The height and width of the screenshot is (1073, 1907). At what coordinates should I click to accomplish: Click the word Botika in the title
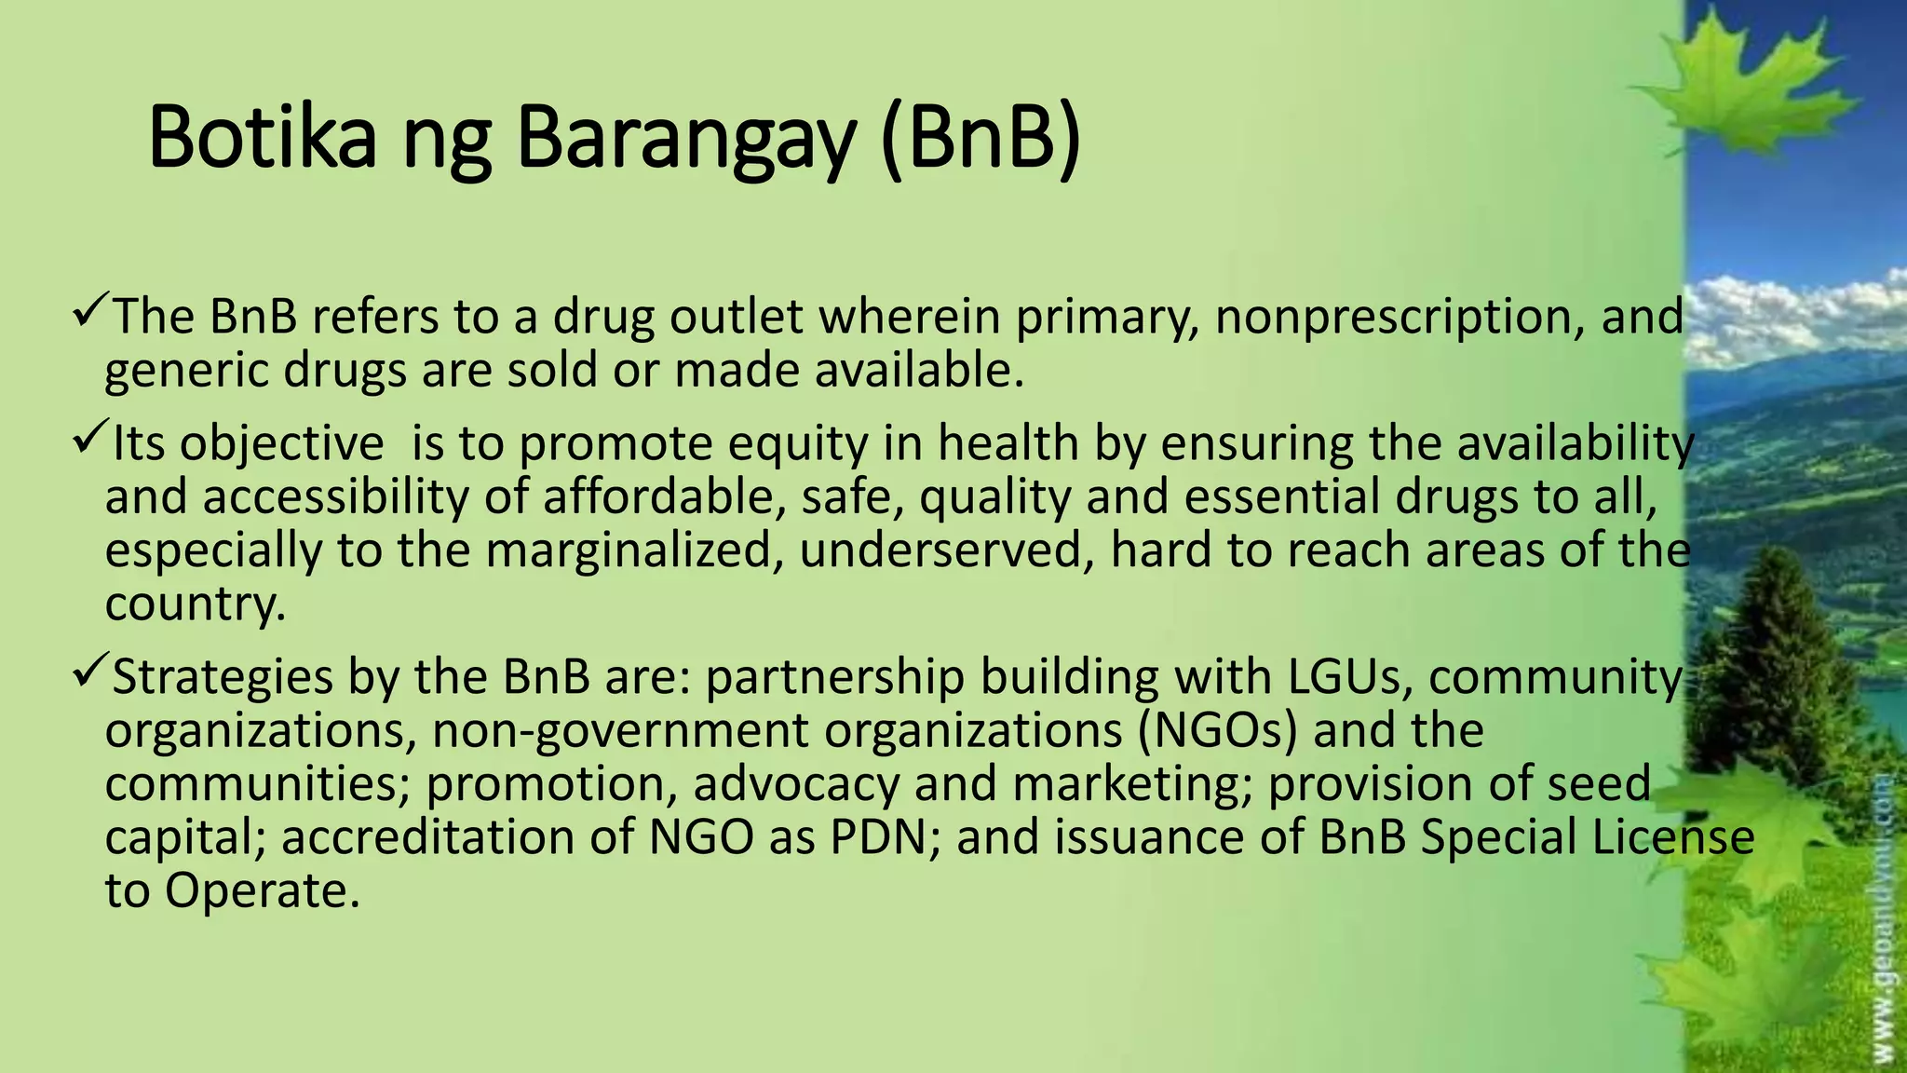(262, 138)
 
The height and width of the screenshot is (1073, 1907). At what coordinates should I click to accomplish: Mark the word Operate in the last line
(262, 891)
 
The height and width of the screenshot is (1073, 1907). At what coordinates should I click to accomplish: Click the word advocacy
(796, 784)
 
